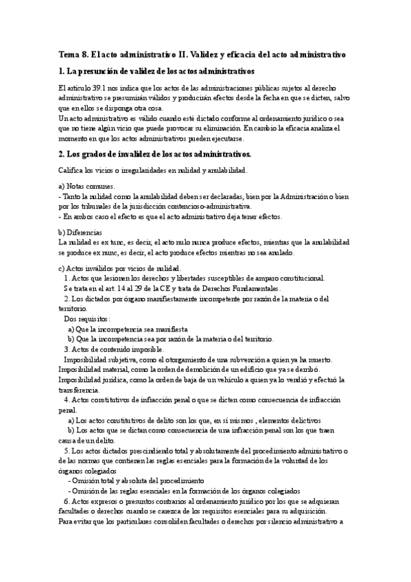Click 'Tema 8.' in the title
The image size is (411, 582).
tap(71, 53)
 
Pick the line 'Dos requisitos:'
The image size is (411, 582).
tap(87, 319)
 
